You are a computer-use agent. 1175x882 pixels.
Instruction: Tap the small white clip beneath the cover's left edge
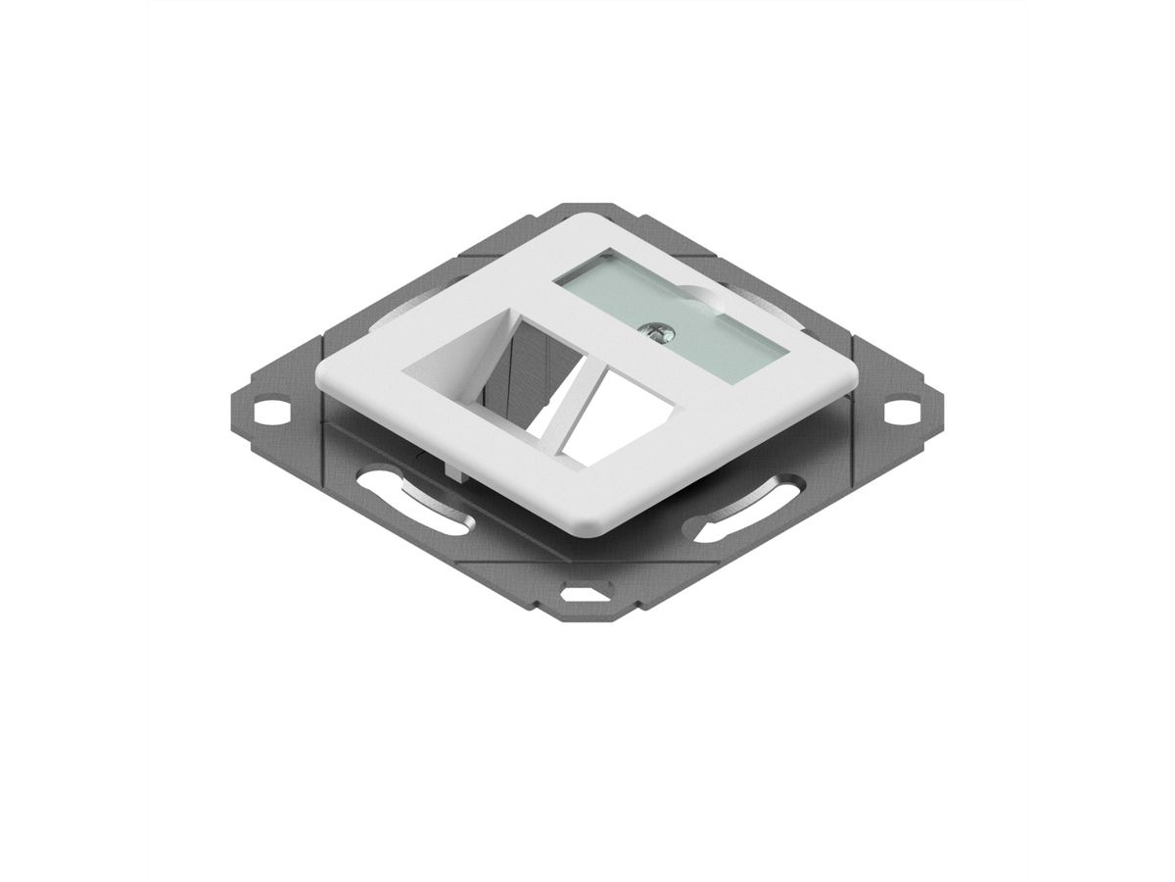(x=452, y=469)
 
